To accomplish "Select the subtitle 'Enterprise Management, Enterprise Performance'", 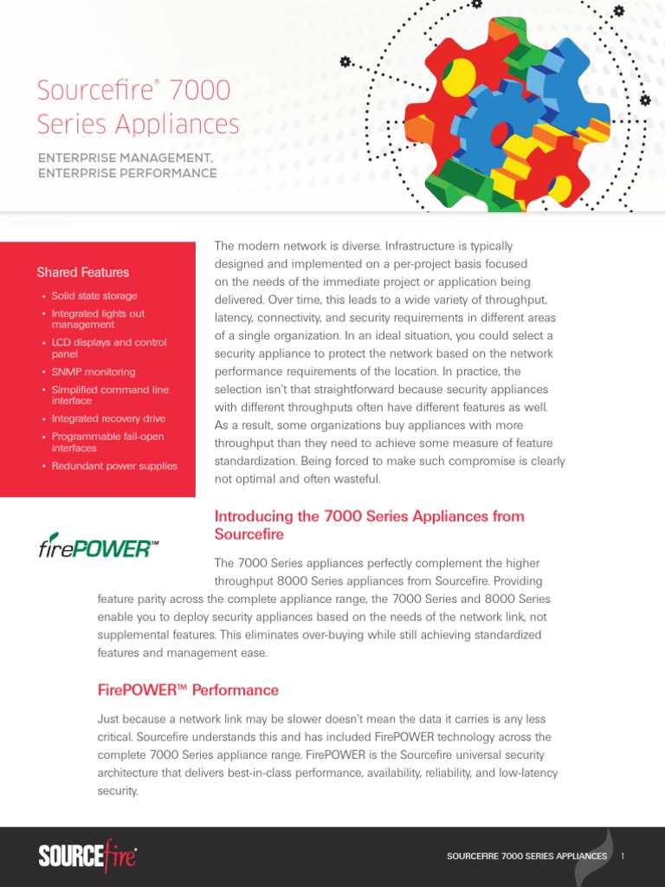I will (126, 165).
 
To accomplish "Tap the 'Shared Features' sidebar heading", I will (82, 272).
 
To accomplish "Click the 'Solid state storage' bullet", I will (94, 296).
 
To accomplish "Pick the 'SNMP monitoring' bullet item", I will (93, 372).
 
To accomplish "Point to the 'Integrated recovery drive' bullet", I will (107, 419).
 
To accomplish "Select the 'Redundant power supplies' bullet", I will (113, 466).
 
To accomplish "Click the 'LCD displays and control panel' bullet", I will (108, 348).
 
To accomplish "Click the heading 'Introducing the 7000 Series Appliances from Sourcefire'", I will (369, 525).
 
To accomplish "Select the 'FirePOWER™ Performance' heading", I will (188, 690).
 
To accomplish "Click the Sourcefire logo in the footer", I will (87, 856).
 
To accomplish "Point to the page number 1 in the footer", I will (623, 856).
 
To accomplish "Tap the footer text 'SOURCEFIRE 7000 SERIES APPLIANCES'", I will (526, 856).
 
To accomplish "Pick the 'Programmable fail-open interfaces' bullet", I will (107, 443).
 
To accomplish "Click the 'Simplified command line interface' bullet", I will (109, 396).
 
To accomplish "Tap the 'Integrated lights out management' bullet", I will (97, 319).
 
